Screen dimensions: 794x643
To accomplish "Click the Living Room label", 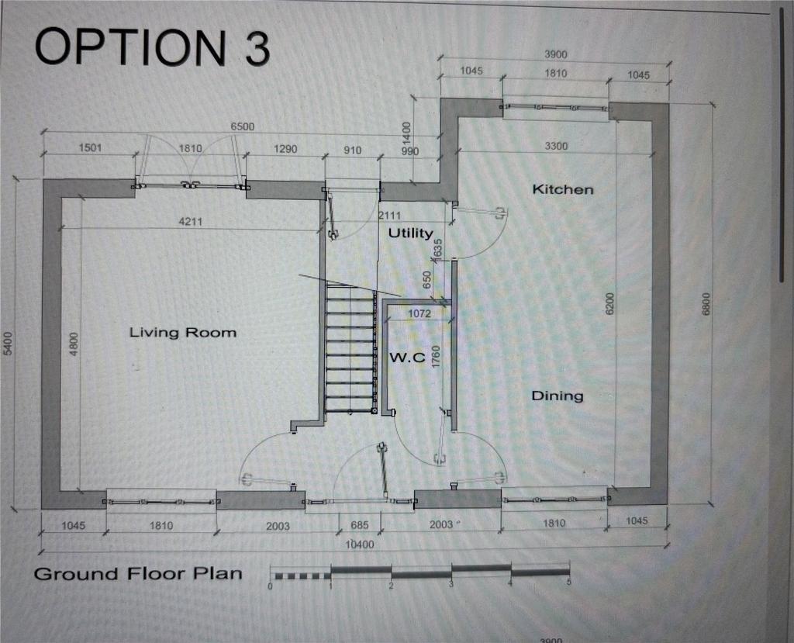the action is pyautogui.click(x=183, y=333).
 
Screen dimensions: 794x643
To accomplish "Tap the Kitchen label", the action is pyautogui.click(x=563, y=189).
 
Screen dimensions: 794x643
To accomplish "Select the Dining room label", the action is pyautogui.click(x=557, y=396).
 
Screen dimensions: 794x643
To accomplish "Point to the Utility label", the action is pyautogui.click(x=411, y=233).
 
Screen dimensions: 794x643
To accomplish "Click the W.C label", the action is pyautogui.click(x=407, y=358).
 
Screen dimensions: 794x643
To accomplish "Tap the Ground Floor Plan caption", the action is pyautogui.click(x=138, y=574).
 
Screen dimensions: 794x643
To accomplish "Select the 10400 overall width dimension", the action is pyautogui.click(x=360, y=544).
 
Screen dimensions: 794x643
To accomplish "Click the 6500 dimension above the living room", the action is pyautogui.click(x=242, y=126).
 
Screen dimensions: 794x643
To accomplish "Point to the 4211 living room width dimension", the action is pyautogui.click(x=191, y=221).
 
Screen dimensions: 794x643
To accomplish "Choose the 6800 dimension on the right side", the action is pyautogui.click(x=707, y=304).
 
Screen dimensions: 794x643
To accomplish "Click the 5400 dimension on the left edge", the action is pyautogui.click(x=8, y=343).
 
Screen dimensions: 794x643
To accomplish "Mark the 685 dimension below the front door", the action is pyautogui.click(x=360, y=525).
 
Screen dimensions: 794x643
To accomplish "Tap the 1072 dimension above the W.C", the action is pyautogui.click(x=419, y=314).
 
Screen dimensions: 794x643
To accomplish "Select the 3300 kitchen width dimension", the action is pyautogui.click(x=556, y=147).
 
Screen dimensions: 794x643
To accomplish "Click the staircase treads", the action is pyautogui.click(x=350, y=349).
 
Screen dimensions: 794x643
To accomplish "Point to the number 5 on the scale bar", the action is pyautogui.click(x=568, y=583).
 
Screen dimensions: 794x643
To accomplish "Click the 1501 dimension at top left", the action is pyautogui.click(x=90, y=148).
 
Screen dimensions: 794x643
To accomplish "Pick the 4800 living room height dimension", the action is pyautogui.click(x=74, y=344).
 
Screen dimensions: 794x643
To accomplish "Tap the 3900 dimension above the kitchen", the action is pyautogui.click(x=555, y=54).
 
